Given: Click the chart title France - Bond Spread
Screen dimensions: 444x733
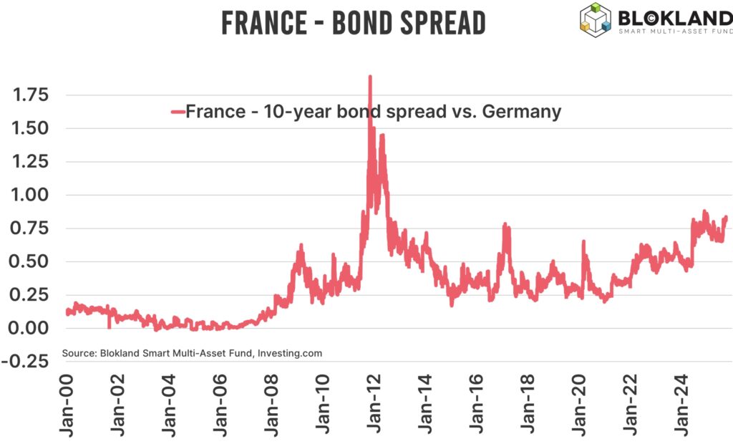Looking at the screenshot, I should pos(353,23).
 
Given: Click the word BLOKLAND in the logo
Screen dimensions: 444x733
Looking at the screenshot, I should pos(673,16).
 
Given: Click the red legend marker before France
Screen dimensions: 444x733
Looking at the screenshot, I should pos(178,112).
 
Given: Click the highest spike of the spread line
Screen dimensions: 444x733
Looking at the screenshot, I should pos(369,76).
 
